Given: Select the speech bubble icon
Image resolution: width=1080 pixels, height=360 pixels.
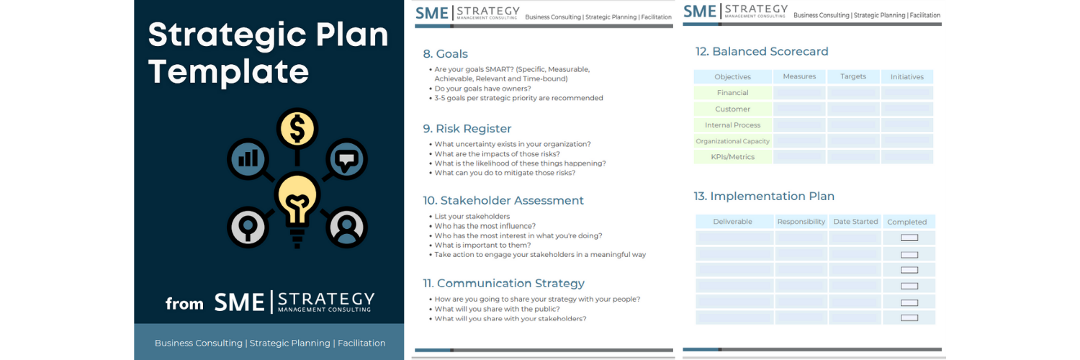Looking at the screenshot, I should [347, 159].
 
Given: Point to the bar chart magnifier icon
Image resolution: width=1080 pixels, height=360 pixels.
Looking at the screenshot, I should [248, 158].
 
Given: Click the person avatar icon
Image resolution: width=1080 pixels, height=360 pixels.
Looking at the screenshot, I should [347, 228].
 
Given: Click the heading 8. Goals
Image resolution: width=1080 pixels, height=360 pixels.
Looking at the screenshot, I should [445, 54].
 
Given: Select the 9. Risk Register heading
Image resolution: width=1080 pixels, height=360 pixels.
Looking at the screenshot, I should [467, 129].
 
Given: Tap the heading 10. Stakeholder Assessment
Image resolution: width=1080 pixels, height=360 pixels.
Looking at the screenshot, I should [503, 201].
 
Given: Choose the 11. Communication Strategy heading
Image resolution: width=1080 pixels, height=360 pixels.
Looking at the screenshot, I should [503, 284].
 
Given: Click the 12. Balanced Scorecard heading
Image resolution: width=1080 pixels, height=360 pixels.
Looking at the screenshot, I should [762, 52].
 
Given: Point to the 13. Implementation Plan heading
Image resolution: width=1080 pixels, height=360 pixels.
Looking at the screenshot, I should [765, 197].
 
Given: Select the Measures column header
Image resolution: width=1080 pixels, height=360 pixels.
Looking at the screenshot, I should [799, 76].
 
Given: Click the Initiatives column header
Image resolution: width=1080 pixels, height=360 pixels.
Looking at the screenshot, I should [906, 76].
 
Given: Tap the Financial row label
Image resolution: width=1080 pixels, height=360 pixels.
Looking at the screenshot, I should [732, 93].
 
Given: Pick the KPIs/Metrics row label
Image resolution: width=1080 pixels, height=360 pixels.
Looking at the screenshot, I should [732, 157].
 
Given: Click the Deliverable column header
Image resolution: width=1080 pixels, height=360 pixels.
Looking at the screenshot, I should [732, 222].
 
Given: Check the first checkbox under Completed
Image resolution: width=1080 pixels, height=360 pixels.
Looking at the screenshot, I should [909, 238].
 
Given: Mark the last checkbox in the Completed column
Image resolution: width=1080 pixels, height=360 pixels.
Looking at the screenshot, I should [909, 318].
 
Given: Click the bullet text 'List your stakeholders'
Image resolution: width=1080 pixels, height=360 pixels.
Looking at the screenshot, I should [472, 217].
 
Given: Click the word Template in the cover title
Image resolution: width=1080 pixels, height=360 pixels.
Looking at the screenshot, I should [228, 72].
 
